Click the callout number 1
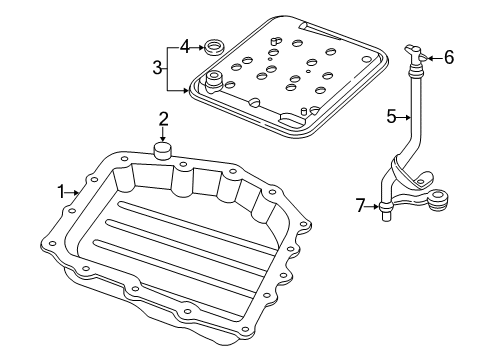point(60,190)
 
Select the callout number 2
point(162,120)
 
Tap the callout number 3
point(157,67)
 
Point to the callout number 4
point(184,45)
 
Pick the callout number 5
point(391,117)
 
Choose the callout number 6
point(449,58)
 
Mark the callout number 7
point(360,206)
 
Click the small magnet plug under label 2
point(162,151)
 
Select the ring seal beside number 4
point(212,45)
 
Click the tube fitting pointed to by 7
point(384,208)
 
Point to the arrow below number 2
point(162,135)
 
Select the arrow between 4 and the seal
point(196,45)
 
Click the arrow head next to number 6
point(429,58)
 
